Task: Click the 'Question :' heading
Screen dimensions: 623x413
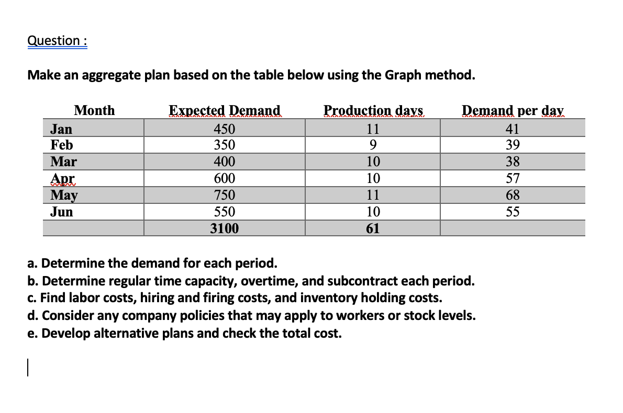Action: pos(57,41)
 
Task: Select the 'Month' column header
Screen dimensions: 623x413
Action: pos(94,110)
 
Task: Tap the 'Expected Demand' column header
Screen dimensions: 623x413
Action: pos(224,110)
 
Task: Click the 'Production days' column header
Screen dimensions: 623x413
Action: pos(373,110)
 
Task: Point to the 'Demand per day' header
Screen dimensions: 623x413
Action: pos(513,110)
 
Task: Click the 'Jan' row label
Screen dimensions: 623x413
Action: pos(61,129)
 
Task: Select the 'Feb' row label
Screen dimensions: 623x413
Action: pos(61,145)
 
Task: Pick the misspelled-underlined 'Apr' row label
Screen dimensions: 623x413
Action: pos(61,178)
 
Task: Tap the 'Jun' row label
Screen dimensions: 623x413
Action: pos(61,212)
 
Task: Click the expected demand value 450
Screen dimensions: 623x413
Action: pos(224,129)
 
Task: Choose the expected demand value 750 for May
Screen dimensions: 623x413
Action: pos(224,195)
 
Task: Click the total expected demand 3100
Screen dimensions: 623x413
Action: pos(224,228)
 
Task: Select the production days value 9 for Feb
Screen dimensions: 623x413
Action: pos(373,145)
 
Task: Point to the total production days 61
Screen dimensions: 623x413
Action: pos(373,228)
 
